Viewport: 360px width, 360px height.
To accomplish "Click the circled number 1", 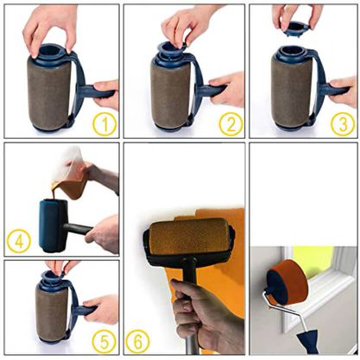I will pyautogui.click(x=104, y=124).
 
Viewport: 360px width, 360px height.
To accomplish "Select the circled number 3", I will pyautogui.click(x=341, y=124).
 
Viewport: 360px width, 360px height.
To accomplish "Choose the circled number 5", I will pyautogui.click(x=104, y=342).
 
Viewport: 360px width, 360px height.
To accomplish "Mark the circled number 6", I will pyautogui.click(x=136, y=340).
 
